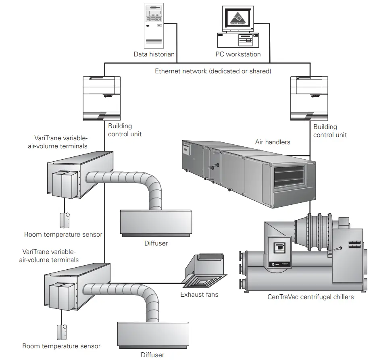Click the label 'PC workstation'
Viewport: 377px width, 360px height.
[238, 54]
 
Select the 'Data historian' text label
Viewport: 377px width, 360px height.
[154, 54]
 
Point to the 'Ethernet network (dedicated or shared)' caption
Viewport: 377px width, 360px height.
[213, 71]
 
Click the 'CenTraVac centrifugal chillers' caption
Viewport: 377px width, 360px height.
[310, 297]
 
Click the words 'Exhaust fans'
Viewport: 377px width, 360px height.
[199, 295]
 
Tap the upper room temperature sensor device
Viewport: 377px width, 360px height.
[64, 220]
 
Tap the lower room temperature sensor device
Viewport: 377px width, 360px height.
[61, 331]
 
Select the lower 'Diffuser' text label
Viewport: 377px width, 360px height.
[152, 355]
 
